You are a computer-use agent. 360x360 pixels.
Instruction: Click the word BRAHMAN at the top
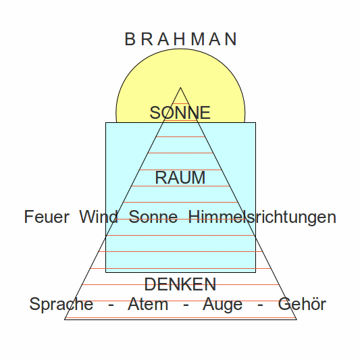181,39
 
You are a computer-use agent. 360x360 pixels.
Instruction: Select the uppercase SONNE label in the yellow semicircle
180,113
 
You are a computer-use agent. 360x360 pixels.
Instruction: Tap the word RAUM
180,178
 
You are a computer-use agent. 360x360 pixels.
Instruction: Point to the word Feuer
47,217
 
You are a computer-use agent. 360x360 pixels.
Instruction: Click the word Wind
99,216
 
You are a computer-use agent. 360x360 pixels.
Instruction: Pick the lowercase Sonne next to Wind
153,217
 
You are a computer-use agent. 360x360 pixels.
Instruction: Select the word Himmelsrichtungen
262,217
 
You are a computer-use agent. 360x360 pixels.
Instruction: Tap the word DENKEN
180,284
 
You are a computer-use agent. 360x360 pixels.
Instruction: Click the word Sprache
61,304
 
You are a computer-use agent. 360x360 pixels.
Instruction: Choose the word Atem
148,304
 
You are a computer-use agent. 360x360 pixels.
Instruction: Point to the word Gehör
302,304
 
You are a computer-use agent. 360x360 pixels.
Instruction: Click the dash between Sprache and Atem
111,305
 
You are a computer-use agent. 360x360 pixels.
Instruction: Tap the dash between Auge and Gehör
260,305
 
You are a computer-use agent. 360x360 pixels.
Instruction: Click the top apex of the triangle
180,88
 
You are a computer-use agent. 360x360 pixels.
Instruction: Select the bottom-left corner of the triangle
65,319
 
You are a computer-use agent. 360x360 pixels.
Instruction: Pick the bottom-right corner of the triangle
297,319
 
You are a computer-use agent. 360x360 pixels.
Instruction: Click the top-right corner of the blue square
255,123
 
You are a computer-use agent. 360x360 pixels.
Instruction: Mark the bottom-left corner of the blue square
105,272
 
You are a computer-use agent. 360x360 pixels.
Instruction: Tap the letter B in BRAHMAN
130,39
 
